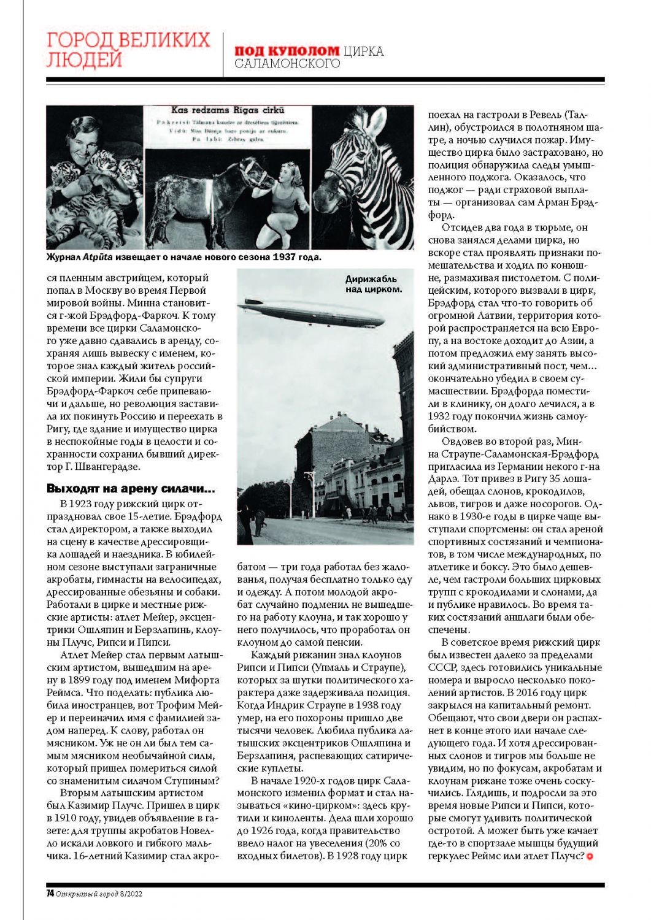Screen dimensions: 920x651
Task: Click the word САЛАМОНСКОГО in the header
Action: coord(287,63)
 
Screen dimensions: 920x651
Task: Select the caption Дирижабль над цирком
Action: coord(374,283)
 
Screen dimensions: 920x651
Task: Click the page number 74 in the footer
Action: coord(50,894)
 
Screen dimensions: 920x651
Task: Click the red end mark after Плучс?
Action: coord(590,856)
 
